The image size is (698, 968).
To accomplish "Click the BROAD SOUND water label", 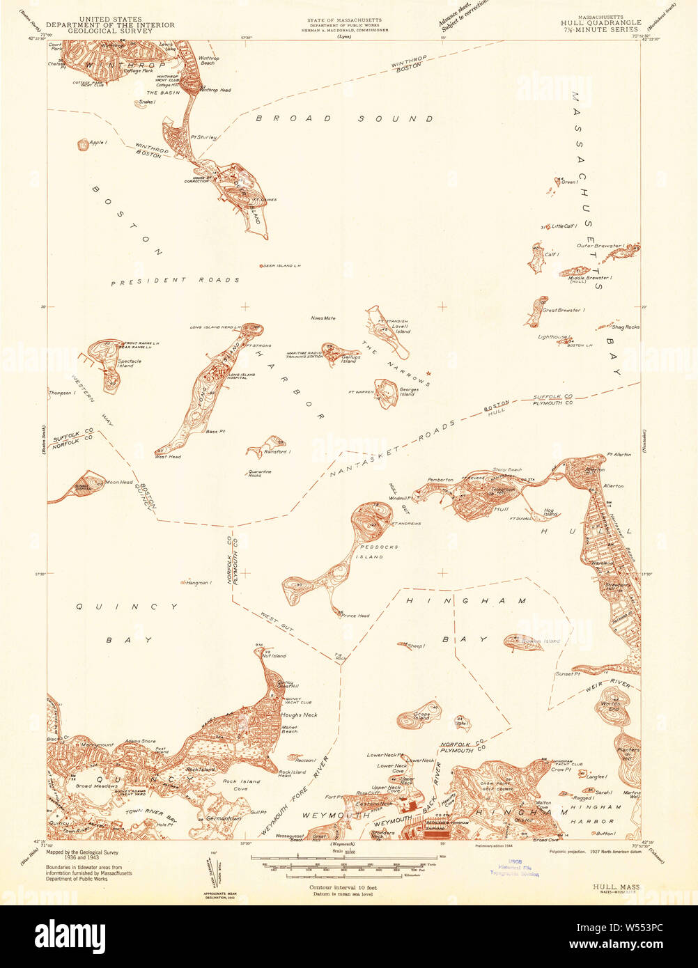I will click(344, 119).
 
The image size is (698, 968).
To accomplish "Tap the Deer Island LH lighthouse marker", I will click(261, 266).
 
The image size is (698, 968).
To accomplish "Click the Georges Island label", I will click(408, 392).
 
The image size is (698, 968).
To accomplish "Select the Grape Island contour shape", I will click(418, 717).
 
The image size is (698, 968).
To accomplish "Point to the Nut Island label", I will click(274, 656).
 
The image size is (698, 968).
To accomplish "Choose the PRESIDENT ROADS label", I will click(175, 281).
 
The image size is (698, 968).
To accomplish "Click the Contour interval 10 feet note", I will click(341, 888).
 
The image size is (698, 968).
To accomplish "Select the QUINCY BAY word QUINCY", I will click(127, 607).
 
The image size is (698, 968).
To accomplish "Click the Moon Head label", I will click(118, 482).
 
